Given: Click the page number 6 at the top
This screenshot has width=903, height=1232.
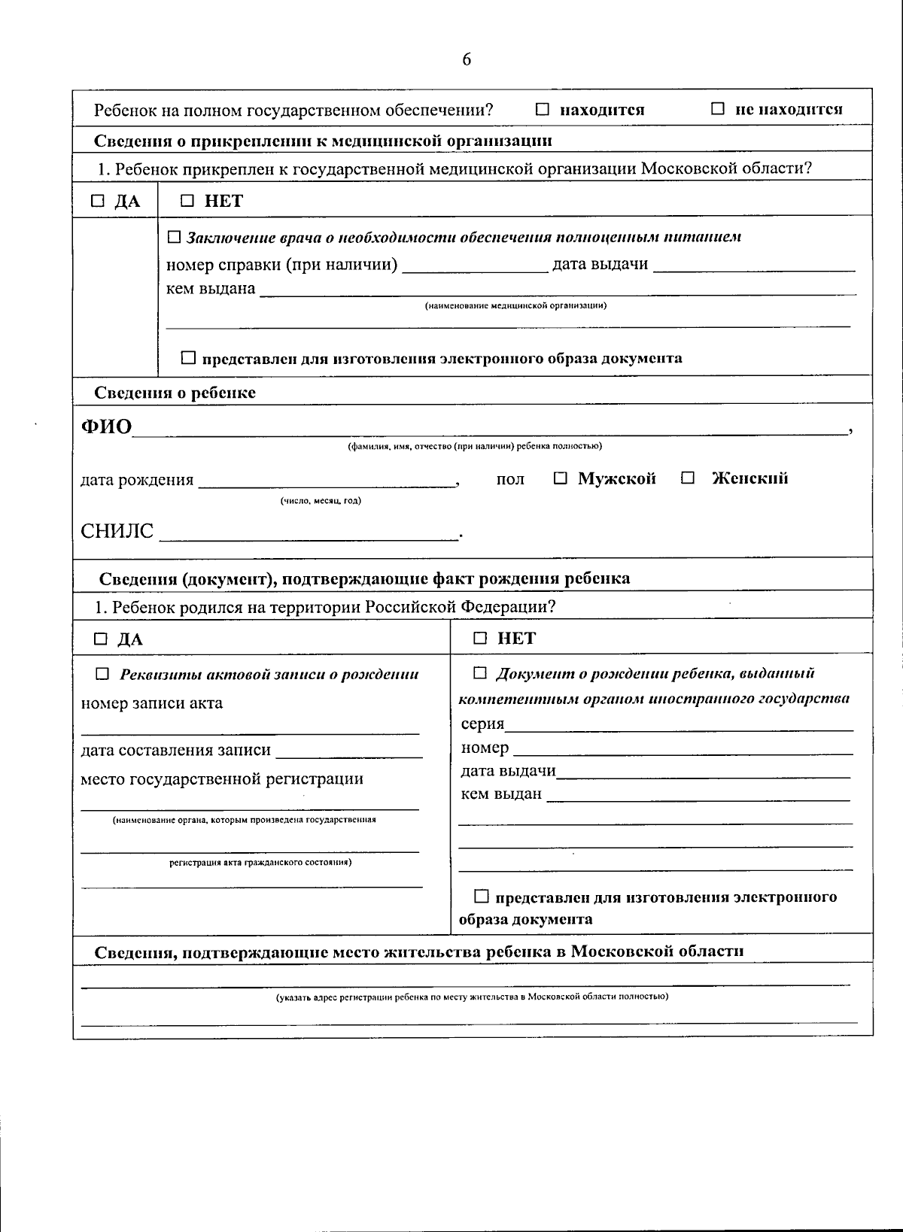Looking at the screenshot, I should coord(467,59).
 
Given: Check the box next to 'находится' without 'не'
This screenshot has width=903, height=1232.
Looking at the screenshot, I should coord(543,109).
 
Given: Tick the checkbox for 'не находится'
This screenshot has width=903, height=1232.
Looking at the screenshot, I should coord(718,109).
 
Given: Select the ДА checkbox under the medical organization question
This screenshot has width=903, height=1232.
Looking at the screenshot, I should coord(99,201).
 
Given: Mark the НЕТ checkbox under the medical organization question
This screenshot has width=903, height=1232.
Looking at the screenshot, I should coord(188,201).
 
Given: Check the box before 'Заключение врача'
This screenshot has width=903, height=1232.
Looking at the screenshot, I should coord(174,237).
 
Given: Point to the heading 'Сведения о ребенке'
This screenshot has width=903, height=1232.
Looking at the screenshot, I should coord(175,393).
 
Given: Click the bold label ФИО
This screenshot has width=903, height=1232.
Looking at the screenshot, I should coord(106,427).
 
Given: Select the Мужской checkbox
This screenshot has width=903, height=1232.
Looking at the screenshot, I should coord(561,478).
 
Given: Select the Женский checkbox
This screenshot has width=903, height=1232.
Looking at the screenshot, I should coord(688,478).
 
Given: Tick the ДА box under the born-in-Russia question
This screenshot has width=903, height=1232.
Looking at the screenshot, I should coord(101,639).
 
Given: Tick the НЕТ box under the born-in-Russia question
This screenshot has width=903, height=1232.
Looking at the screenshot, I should coord(480,639).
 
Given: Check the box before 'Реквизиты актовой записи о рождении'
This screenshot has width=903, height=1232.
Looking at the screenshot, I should coord(102,674).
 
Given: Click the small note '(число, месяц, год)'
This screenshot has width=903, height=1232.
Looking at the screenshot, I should coord(321,501).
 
